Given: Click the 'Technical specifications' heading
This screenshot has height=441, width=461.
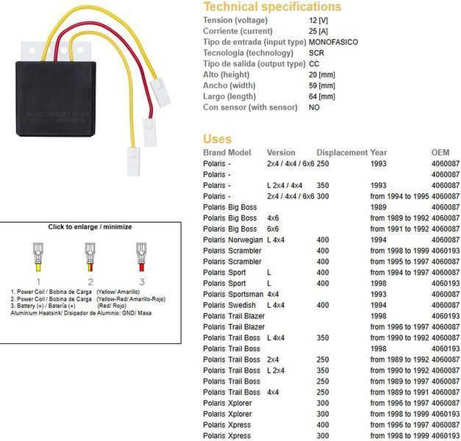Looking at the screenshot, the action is click(x=272, y=7).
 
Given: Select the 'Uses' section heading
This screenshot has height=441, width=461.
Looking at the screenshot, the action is click(x=218, y=139).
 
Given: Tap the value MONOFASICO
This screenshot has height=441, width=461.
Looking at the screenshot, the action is click(x=333, y=42).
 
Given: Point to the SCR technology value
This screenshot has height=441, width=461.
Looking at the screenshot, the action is click(x=316, y=53).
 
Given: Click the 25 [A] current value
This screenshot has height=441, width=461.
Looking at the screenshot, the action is click(x=318, y=31).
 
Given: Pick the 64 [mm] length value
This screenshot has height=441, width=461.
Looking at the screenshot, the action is click(x=322, y=96).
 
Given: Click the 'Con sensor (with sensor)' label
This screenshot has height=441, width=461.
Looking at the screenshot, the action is click(x=250, y=107).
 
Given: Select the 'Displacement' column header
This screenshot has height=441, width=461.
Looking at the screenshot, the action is click(x=342, y=153).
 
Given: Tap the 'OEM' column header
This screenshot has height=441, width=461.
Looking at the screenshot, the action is click(x=440, y=153).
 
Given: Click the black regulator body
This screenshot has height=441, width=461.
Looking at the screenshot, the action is click(x=56, y=98).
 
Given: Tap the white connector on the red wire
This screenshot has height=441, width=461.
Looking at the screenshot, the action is click(x=150, y=132).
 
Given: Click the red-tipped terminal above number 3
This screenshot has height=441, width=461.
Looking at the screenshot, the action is click(x=141, y=257).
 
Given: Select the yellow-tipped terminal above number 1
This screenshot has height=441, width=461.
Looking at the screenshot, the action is click(x=38, y=257).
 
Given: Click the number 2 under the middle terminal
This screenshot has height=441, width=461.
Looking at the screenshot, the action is click(x=90, y=282).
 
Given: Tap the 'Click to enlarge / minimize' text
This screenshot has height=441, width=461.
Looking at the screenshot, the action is click(x=90, y=226).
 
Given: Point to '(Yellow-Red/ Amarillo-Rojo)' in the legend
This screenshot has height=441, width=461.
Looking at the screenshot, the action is click(x=131, y=299).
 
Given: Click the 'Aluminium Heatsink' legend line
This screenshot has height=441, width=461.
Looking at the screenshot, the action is click(x=81, y=313).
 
